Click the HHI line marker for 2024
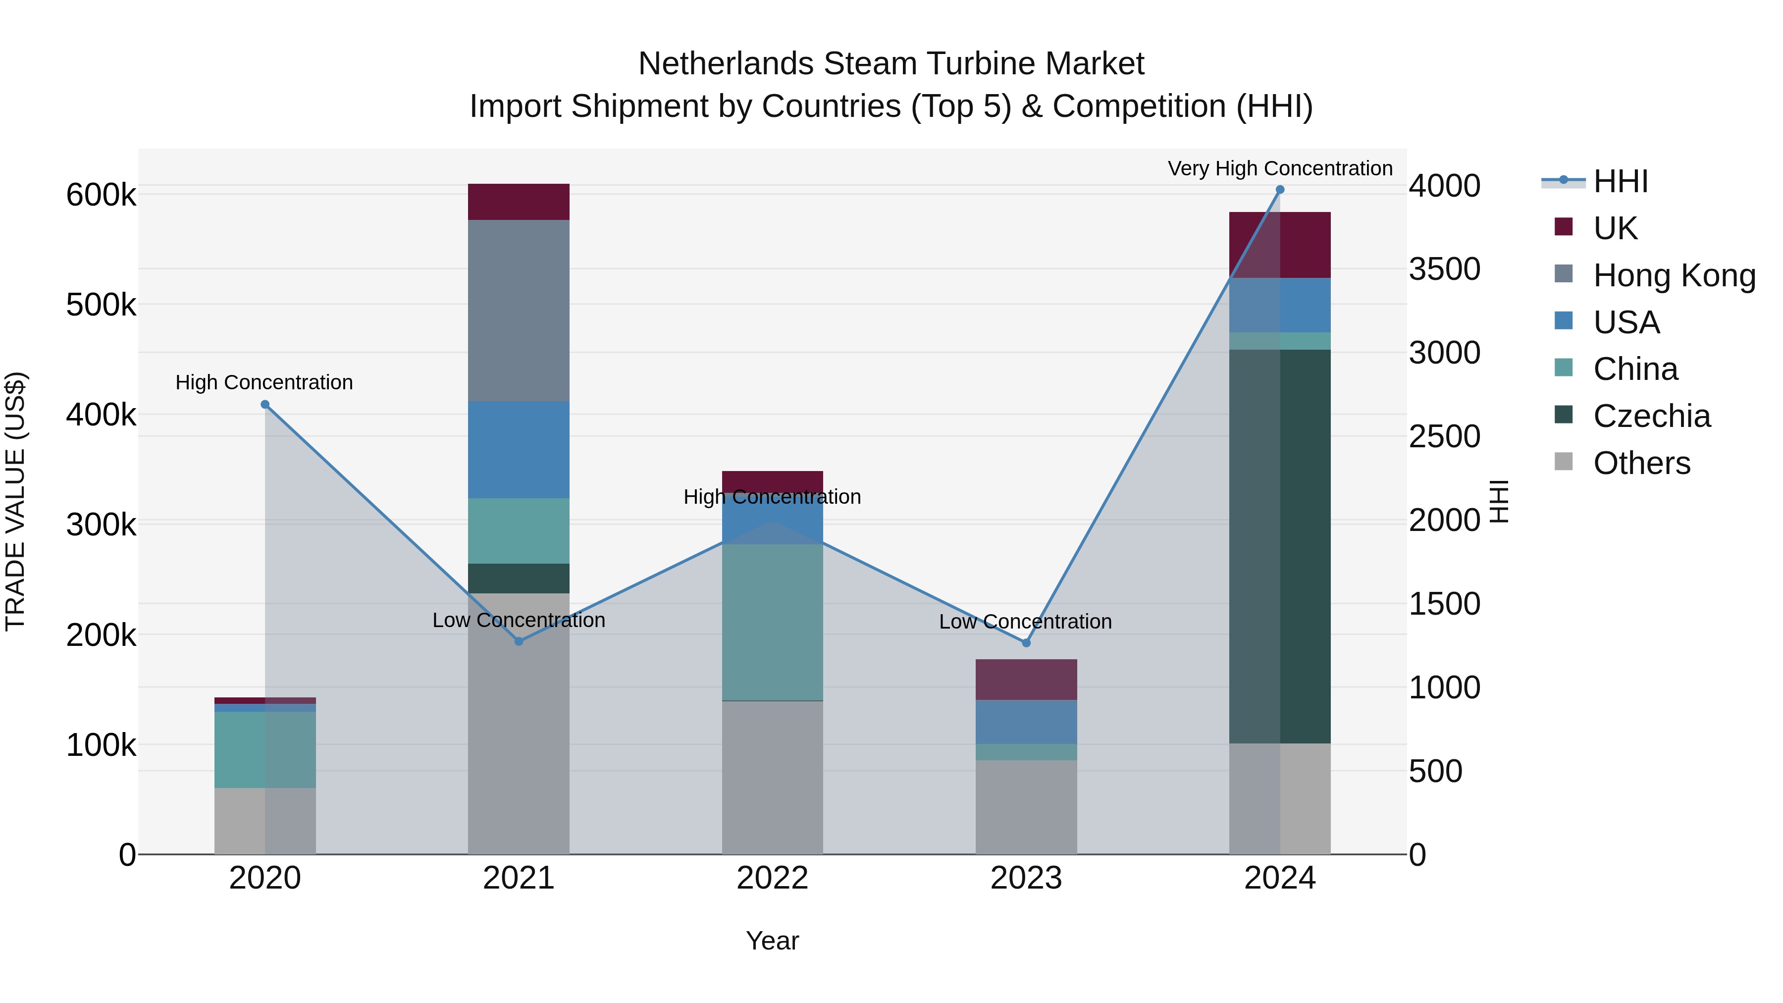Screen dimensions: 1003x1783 (1280, 190)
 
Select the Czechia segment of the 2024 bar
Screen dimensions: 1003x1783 (1280, 547)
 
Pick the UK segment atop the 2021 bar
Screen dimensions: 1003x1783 (519, 202)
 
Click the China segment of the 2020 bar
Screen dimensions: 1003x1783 (265, 750)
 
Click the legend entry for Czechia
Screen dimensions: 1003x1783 (1651, 416)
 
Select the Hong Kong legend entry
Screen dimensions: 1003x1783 (1674, 275)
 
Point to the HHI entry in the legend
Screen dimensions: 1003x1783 (1620, 181)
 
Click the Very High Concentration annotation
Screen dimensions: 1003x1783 (1280, 168)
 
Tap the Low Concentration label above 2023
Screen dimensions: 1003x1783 (1025, 622)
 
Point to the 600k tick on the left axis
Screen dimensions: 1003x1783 (101, 195)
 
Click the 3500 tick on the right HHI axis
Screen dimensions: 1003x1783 (1445, 269)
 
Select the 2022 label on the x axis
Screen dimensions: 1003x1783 (773, 878)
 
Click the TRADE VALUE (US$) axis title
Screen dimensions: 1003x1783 (15, 501)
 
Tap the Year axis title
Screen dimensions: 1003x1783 (773, 941)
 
